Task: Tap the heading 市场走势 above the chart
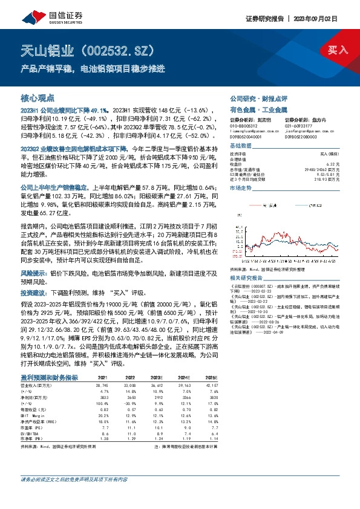[242, 188]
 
